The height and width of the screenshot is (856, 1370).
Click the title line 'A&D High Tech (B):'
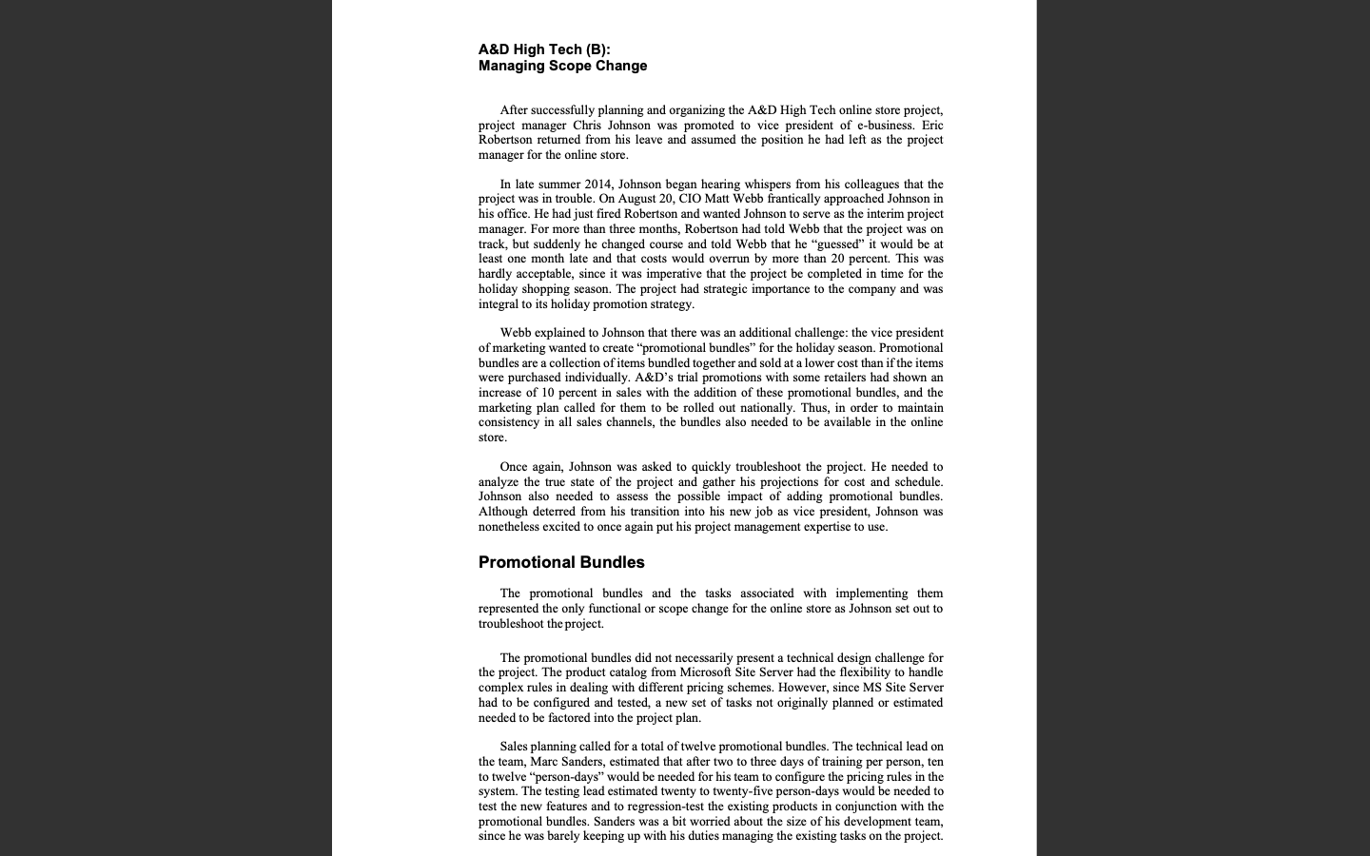(544, 49)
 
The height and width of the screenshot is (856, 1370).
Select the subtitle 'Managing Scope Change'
(562, 66)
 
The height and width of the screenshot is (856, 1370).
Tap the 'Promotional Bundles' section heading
(561, 562)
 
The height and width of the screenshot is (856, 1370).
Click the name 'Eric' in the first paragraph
(932, 125)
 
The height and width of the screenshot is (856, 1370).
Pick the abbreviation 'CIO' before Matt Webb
(690, 199)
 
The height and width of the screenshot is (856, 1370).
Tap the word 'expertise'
(826, 526)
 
